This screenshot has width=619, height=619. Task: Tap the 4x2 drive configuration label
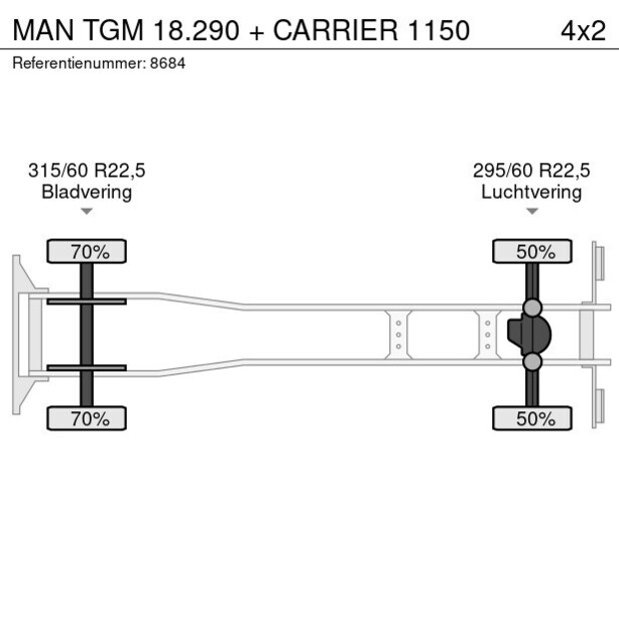pyautogui.click(x=583, y=30)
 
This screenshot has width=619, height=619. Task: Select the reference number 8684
pyautogui.click(x=167, y=63)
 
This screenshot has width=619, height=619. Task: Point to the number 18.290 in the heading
pyautogui.click(x=197, y=30)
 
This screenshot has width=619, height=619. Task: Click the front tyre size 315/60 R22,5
pyautogui.click(x=87, y=171)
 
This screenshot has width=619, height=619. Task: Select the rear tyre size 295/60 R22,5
pyautogui.click(x=531, y=171)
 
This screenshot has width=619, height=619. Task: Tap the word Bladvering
pyautogui.click(x=87, y=192)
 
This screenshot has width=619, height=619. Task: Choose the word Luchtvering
pyautogui.click(x=531, y=192)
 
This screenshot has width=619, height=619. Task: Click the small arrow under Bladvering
pyautogui.click(x=87, y=212)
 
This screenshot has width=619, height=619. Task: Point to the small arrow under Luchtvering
pyautogui.click(x=532, y=212)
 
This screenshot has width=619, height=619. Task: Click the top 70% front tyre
pyautogui.click(x=87, y=252)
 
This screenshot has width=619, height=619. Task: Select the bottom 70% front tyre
pyautogui.click(x=87, y=418)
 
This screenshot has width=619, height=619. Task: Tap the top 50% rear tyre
pyautogui.click(x=532, y=252)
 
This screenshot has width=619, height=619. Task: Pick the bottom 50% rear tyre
pyautogui.click(x=532, y=418)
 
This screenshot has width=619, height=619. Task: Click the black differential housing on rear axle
pyautogui.click(x=528, y=334)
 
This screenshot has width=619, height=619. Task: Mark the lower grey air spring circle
pyautogui.click(x=533, y=361)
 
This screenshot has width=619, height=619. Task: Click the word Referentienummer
pyautogui.click(x=78, y=63)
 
